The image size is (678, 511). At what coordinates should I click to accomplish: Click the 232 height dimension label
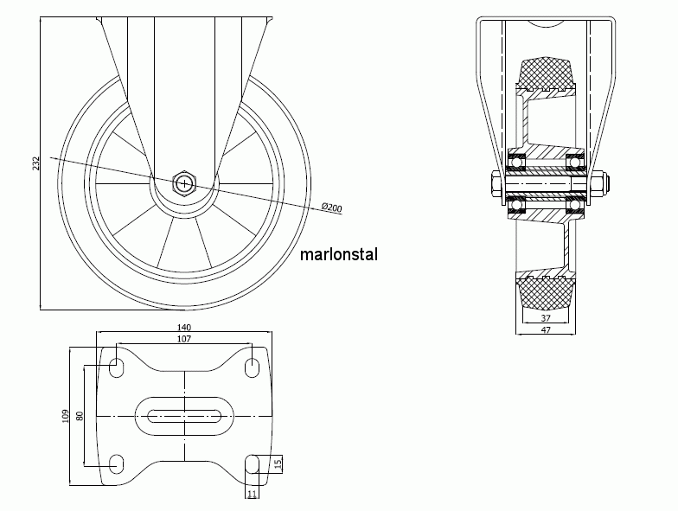[x=36, y=163]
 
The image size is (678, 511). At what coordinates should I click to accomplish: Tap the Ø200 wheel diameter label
[x=332, y=208]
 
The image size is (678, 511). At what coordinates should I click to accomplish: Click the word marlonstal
[x=339, y=254]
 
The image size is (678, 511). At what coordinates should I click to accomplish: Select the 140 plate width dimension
[x=184, y=328]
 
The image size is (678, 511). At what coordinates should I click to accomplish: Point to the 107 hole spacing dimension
[x=184, y=339]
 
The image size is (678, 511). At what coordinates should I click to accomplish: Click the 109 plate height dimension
[x=66, y=416]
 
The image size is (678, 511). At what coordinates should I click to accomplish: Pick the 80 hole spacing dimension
[x=80, y=416]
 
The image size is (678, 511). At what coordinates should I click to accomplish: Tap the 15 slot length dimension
[x=278, y=463]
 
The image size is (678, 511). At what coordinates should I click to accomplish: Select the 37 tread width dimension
[x=546, y=318]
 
